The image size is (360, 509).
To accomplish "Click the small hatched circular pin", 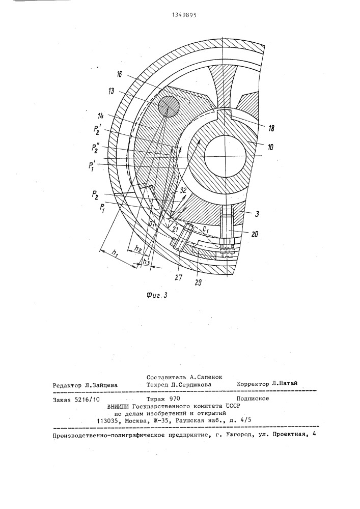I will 169,107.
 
